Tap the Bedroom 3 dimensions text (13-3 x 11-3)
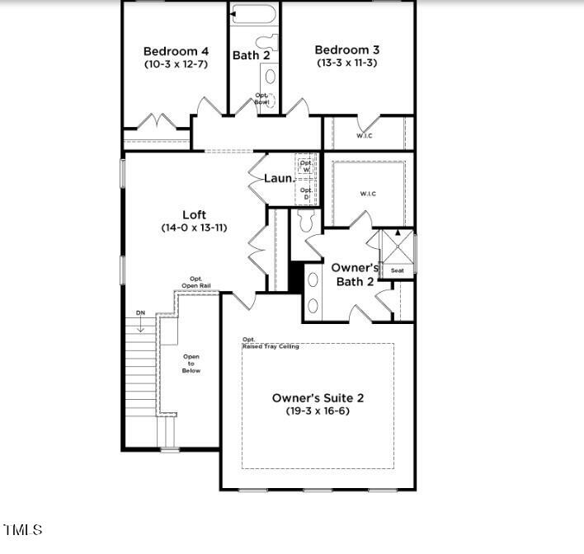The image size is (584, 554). (346, 63)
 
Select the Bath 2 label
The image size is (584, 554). (252, 55)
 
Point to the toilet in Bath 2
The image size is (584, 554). (267, 41)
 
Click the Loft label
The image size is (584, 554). (194, 215)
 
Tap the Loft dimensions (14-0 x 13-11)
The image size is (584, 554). (194, 228)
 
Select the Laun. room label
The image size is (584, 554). (279, 178)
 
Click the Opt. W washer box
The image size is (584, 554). (306, 166)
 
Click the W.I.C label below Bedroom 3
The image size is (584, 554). (365, 135)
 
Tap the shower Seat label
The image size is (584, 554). (397, 270)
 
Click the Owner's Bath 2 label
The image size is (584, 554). (355, 275)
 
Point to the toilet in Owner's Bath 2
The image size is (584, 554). (306, 219)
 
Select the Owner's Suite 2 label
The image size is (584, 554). (318, 398)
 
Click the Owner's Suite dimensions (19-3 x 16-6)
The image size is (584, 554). (318, 411)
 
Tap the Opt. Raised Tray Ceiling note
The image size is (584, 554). (270, 344)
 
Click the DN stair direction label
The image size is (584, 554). (141, 313)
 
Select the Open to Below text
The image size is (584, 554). (191, 364)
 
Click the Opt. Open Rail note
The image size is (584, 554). (196, 282)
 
